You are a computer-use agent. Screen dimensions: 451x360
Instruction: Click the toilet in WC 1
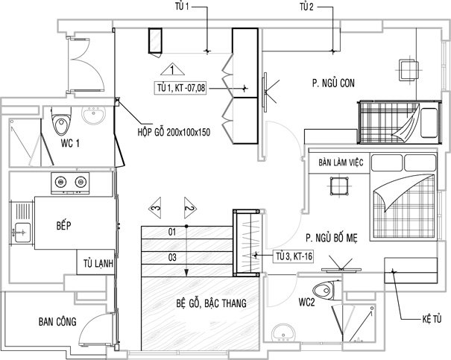[x=61, y=121]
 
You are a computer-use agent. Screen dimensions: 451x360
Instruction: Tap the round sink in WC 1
[x=93, y=116]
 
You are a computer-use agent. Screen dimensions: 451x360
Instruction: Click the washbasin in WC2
[x=283, y=332]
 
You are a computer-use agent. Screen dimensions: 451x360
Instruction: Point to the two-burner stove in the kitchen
[x=70, y=183]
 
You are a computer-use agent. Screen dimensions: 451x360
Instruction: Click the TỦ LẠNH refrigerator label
[x=98, y=263]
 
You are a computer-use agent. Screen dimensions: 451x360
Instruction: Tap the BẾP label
[x=63, y=225]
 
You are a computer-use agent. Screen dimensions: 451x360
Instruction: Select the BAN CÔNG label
[x=57, y=321]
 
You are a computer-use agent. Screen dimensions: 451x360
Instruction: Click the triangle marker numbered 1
[x=172, y=69]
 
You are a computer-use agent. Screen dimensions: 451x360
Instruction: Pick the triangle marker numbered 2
[x=190, y=208]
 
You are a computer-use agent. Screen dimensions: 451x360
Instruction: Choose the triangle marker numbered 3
[x=155, y=208]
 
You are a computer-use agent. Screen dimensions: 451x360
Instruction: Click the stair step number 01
[x=172, y=232]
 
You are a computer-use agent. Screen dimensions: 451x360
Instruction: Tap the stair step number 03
[x=172, y=257]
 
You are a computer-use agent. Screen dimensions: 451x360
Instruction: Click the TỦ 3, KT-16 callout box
[x=294, y=256]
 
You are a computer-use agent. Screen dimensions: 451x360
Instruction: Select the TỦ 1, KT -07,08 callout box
[x=181, y=88]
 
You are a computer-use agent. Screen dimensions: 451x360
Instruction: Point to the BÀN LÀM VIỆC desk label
[x=341, y=162]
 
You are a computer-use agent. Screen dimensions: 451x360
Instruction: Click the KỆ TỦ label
[x=432, y=319]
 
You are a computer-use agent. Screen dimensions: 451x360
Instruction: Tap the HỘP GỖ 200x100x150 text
[x=174, y=132]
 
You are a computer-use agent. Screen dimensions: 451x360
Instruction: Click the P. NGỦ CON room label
[x=333, y=83]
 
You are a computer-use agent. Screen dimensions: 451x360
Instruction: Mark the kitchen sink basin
[x=22, y=233]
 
